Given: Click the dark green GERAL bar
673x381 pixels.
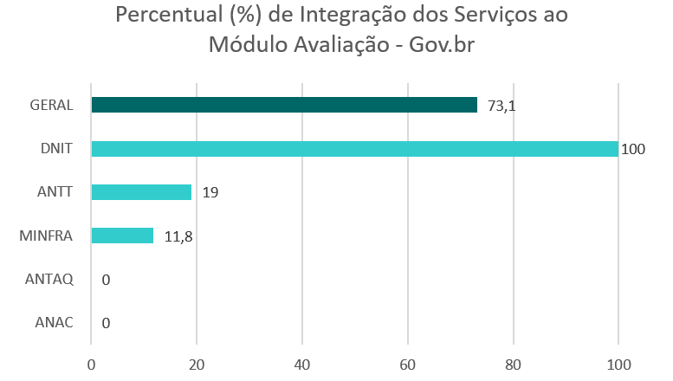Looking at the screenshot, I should tap(284, 105).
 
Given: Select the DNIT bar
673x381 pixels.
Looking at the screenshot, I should tap(354, 148).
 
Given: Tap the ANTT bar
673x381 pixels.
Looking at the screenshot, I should tap(141, 191).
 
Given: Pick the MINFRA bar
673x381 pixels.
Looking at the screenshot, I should tap(122, 236).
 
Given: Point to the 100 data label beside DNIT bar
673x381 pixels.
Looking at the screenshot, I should tap(633, 149).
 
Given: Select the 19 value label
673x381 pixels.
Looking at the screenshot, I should tap(209, 192).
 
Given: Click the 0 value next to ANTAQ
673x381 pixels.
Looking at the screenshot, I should tap(106, 280).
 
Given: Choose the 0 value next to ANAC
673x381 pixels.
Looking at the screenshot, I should tap(106, 323).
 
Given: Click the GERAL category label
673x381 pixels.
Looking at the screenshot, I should tap(50, 106).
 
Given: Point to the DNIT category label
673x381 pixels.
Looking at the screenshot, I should tap(55, 149).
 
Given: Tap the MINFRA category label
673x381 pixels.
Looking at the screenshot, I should tap(45, 236).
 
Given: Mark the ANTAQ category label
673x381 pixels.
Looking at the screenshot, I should tap(49, 280).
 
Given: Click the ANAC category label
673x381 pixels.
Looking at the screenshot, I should tap(54, 323).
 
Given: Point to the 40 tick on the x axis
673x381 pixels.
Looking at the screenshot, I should tap(301, 364).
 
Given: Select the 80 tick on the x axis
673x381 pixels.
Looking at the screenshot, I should tap(513, 364).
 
